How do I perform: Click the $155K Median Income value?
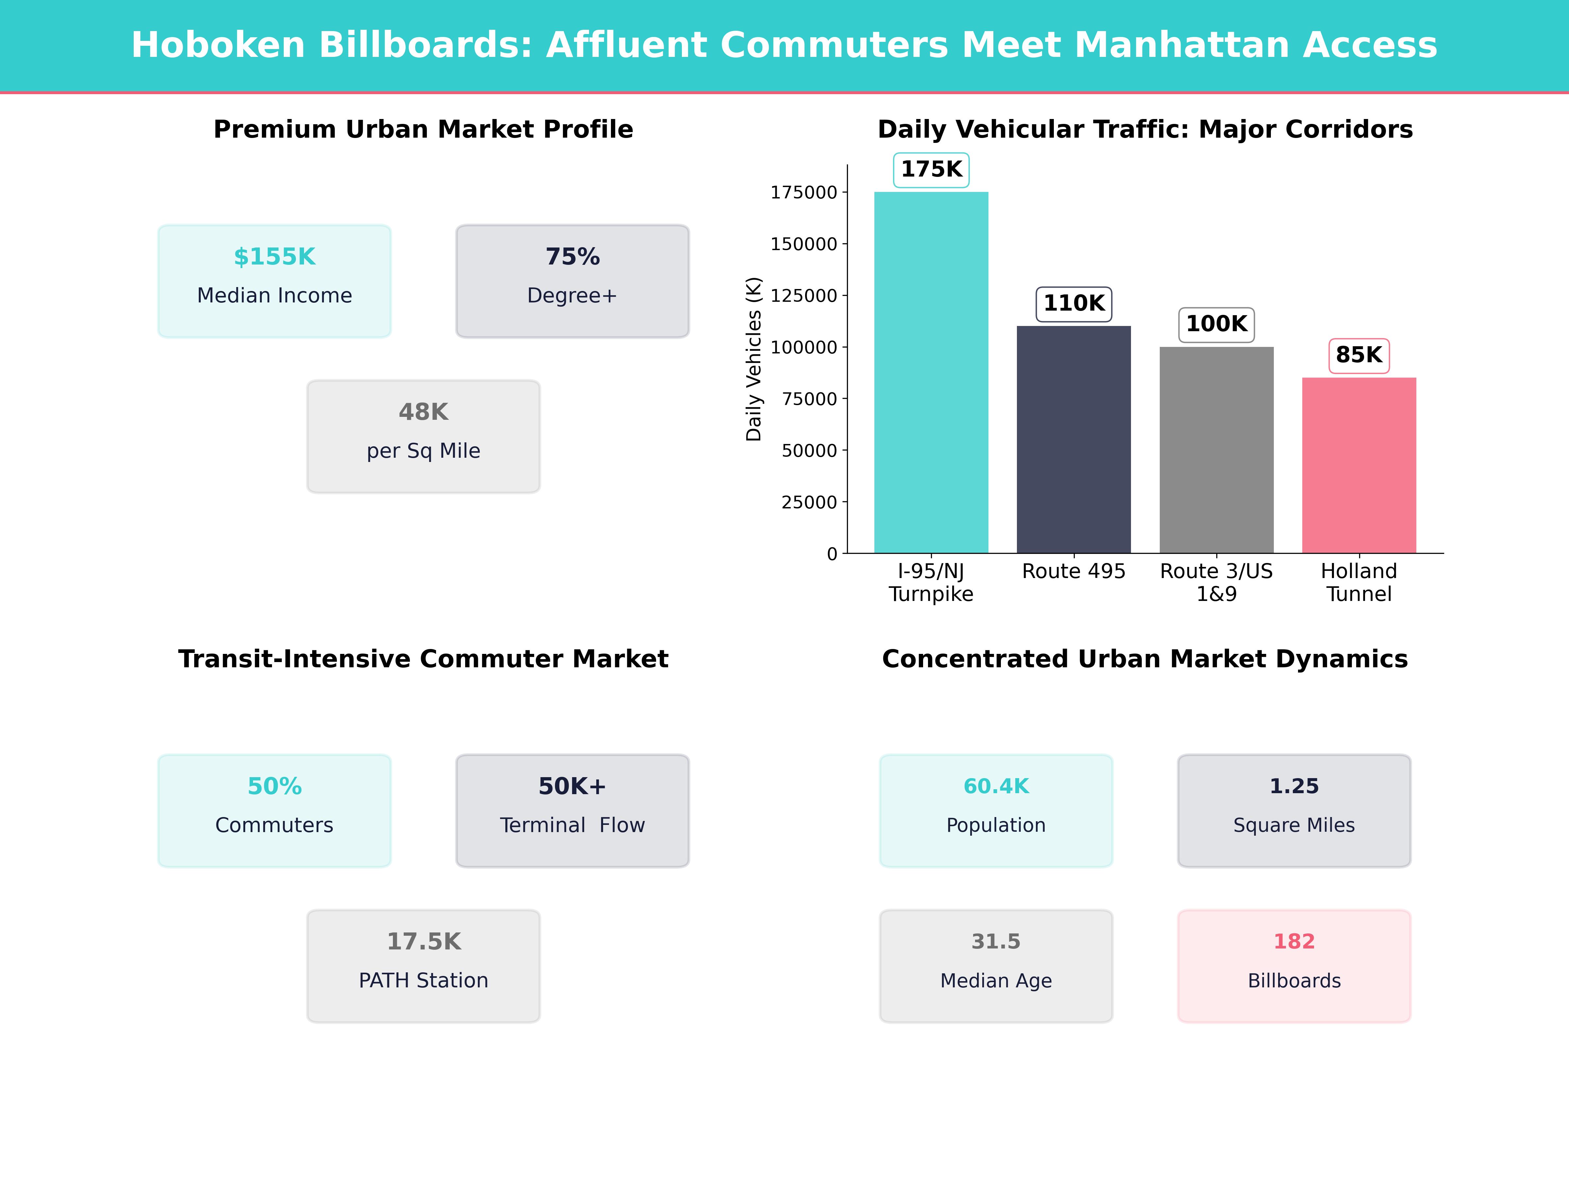point(275,257)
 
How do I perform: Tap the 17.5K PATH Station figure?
point(423,942)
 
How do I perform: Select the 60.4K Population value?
point(996,786)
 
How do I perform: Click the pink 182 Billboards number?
point(1294,942)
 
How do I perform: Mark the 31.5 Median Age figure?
point(996,942)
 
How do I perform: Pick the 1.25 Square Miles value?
point(1294,786)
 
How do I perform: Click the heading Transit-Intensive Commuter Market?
point(423,659)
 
